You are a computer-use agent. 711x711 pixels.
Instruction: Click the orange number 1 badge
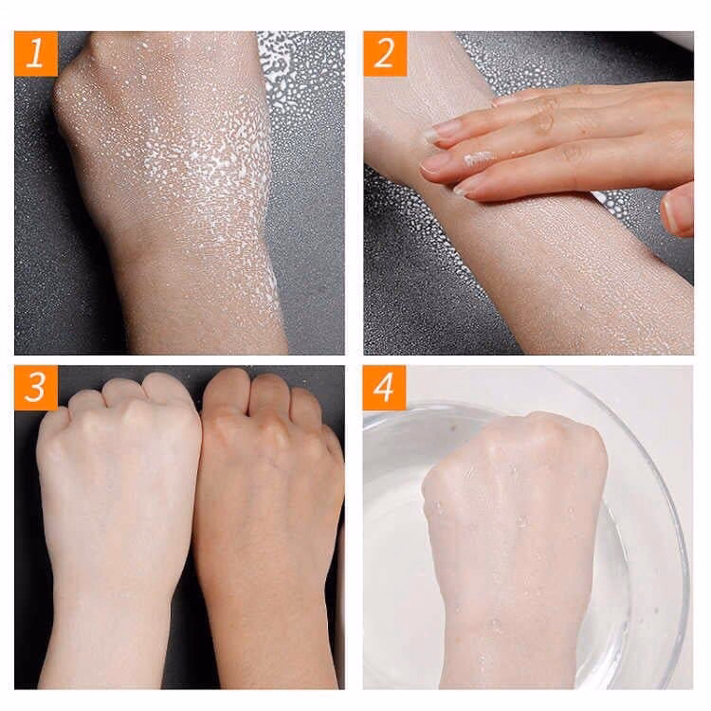(x=36, y=53)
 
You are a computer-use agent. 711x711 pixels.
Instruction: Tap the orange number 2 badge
(x=385, y=53)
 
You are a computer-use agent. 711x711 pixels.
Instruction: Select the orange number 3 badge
(x=36, y=388)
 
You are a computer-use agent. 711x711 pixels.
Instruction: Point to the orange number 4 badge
(x=385, y=388)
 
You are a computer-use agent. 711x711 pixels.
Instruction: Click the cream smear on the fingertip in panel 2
(x=479, y=157)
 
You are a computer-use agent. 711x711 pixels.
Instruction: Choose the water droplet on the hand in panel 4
(x=521, y=521)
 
